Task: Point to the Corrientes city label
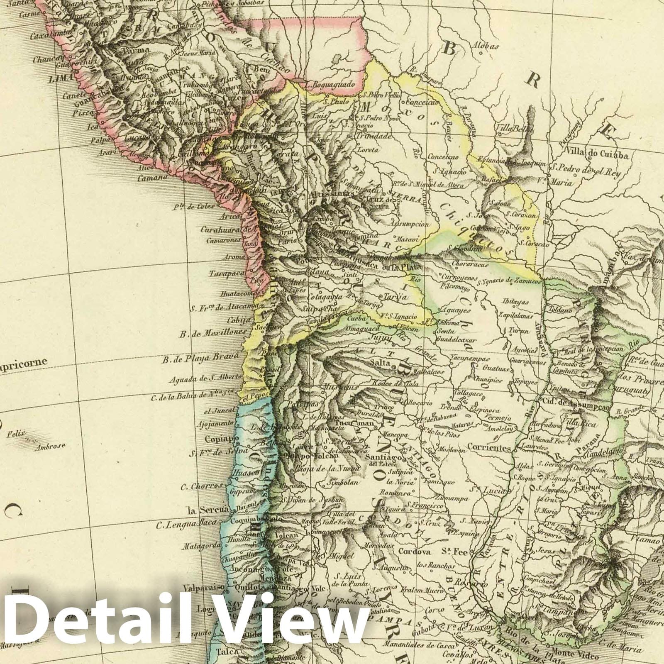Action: [x=489, y=448]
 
